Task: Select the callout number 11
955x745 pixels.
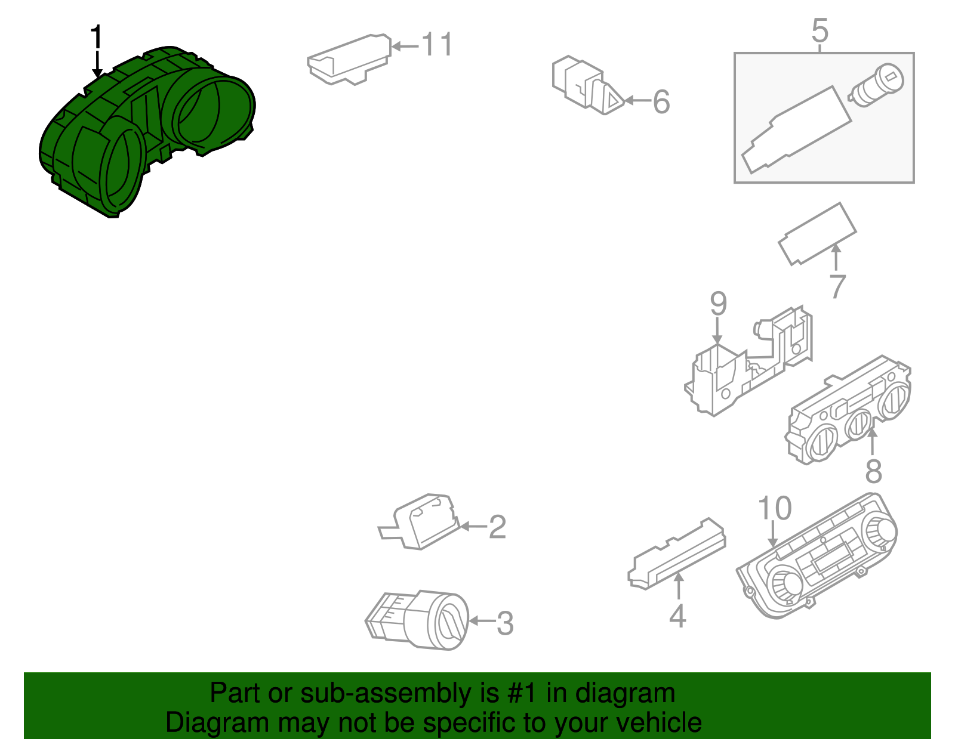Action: pos(437,44)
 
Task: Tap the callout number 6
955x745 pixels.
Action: pos(661,101)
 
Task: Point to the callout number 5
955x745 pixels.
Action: pos(820,30)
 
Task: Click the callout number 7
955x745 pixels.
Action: pos(837,286)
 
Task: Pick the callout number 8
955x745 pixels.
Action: pos(874,471)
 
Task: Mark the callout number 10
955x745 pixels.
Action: pos(775,508)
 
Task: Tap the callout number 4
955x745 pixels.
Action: pos(677,616)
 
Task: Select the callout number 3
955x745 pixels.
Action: pos(505,623)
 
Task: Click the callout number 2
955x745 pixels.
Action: pos(497,526)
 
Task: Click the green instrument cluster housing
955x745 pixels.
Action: pos(147,132)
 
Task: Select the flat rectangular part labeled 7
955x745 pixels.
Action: pos(817,234)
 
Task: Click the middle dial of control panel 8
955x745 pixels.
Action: pos(858,425)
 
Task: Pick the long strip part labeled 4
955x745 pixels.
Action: pos(676,554)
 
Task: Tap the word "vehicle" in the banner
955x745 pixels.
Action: pos(659,723)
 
